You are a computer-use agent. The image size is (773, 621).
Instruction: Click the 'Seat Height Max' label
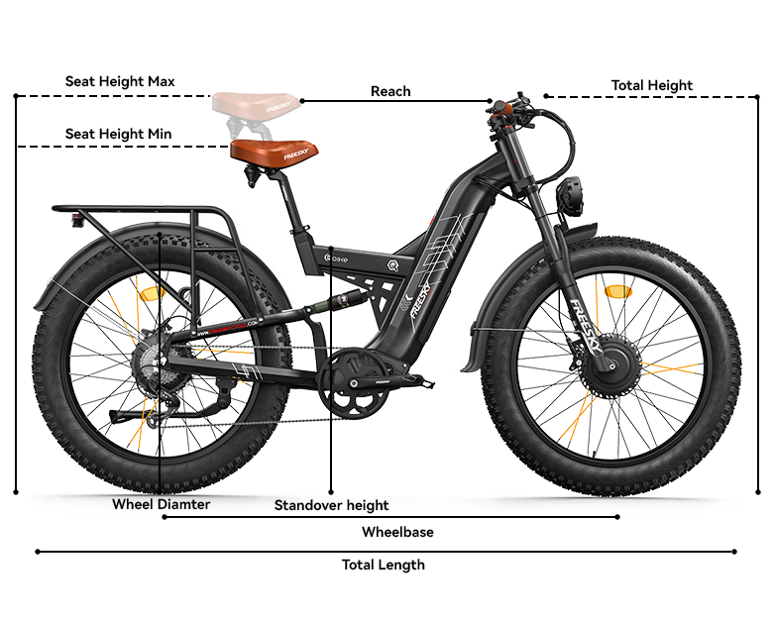tap(120, 81)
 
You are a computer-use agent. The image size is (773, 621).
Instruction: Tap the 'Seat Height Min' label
tap(118, 134)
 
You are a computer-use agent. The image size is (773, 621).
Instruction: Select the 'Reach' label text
tap(390, 91)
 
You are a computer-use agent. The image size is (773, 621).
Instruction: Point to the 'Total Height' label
tap(651, 85)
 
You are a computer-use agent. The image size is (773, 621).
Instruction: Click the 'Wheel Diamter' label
tap(161, 504)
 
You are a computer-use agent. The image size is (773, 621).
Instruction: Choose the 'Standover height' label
tap(331, 505)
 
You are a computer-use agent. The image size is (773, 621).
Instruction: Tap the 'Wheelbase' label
tap(397, 532)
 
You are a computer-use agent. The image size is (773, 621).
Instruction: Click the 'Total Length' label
tap(383, 565)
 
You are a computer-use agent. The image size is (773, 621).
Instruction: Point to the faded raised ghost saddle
tap(257, 102)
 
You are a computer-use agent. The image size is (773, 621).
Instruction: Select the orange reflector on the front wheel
tap(617, 292)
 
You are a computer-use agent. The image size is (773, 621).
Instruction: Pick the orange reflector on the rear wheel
tap(154, 294)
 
